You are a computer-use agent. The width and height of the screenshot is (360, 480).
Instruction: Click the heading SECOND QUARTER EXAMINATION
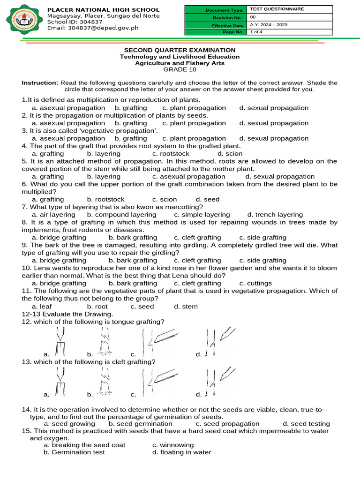click(x=180, y=50)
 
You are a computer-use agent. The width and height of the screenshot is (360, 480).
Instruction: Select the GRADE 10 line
click(x=180, y=69)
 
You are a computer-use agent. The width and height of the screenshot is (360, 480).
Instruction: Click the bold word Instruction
click(x=40, y=82)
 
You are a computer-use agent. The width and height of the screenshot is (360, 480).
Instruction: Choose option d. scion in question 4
click(x=230, y=153)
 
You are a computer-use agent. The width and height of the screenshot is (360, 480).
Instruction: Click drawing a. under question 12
click(x=59, y=342)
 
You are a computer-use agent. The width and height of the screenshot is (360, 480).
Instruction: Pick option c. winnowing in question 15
click(x=173, y=445)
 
